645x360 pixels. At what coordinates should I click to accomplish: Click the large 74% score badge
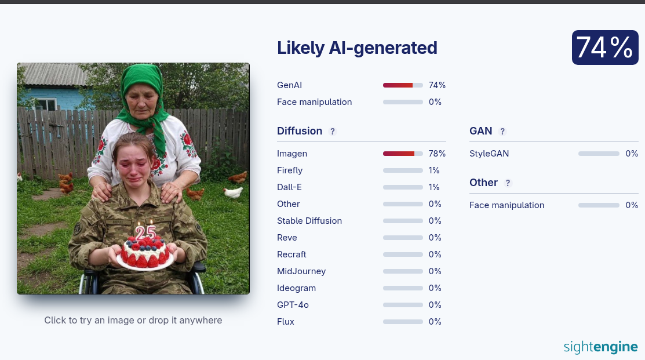(x=604, y=48)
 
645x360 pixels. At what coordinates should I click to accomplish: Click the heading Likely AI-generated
(x=356, y=48)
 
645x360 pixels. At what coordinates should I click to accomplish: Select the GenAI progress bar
(x=403, y=85)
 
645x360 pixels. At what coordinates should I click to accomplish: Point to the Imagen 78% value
(x=437, y=154)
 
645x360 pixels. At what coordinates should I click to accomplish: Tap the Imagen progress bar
(x=403, y=154)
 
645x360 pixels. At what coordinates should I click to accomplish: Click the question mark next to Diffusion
(x=333, y=131)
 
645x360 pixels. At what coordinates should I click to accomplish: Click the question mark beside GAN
(x=502, y=131)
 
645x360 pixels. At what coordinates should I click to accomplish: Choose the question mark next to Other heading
(x=508, y=183)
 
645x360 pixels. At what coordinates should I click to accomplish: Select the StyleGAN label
(x=489, y=154)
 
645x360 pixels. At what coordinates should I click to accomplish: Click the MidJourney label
(x=301, y=271)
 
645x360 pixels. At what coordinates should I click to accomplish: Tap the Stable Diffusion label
(x=309, y=221)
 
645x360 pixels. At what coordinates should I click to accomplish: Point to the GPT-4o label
(x=293, y=305)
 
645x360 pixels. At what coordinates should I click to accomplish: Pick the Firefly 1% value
(x=434, y=170)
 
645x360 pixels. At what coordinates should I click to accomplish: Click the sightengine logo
(x=600, y=347)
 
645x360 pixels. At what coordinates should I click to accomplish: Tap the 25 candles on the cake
(x=145, y=232)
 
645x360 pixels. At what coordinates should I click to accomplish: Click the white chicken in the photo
(x=233, y=192)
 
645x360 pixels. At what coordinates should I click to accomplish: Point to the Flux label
(x=286, y=322)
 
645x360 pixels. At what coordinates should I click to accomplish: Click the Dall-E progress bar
(x=403, y=187)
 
